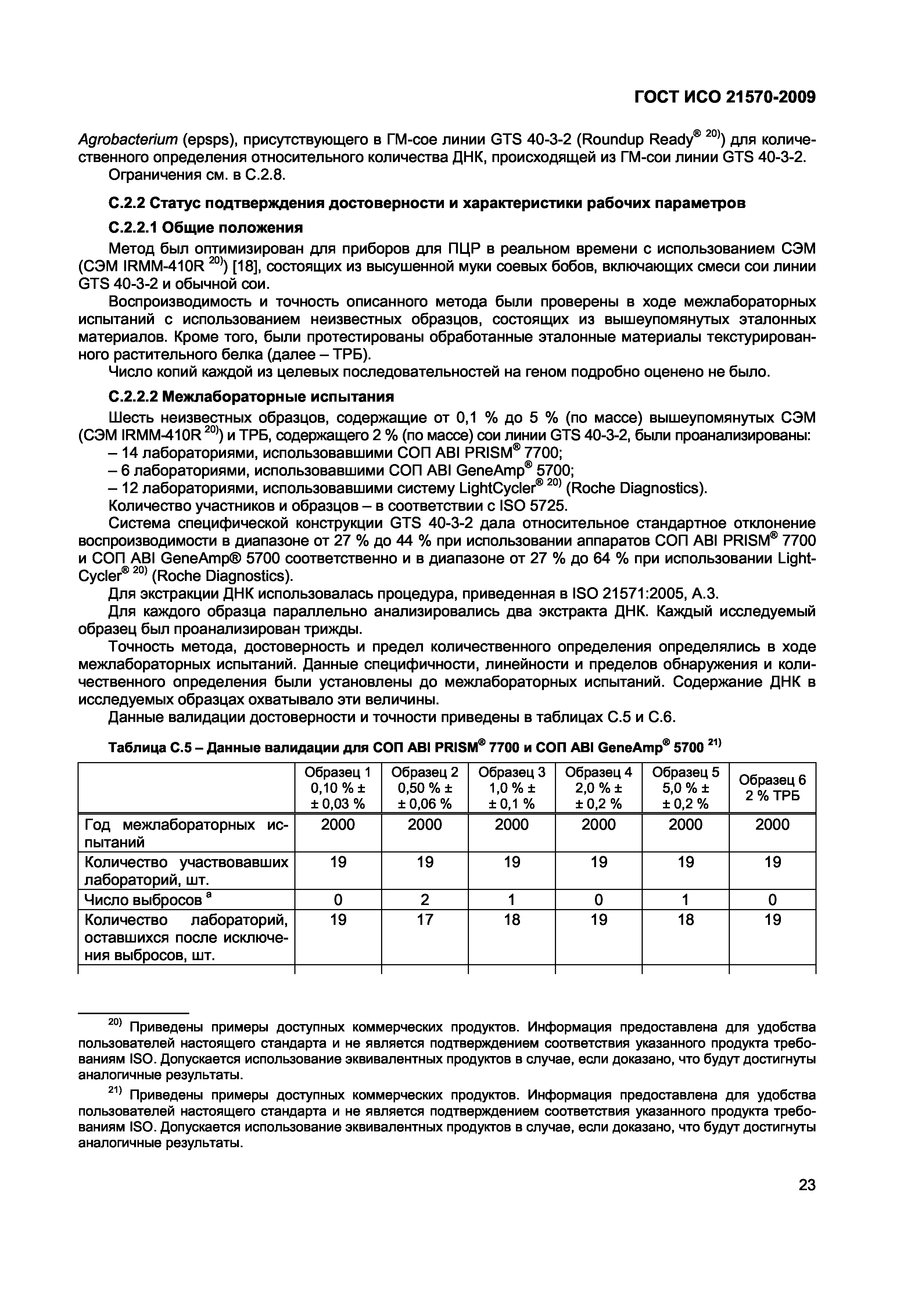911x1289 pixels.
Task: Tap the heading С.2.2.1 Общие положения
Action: [x=205, y=227]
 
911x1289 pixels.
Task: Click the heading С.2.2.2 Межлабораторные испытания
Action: [x=250, y=397]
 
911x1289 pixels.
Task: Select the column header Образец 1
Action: [x=338, y=772]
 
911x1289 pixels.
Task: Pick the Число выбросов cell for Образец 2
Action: [x=425, y=900]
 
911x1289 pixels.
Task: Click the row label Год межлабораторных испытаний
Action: [x=185, y=833]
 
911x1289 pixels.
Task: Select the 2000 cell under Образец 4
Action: [x=598, y=825]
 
